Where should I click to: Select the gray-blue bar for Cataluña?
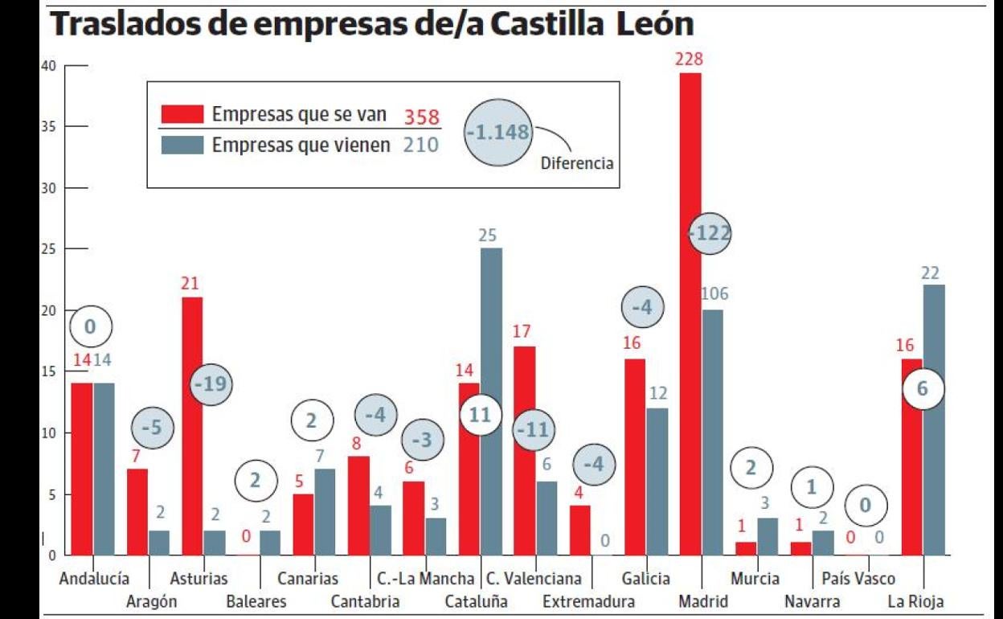pyautogui.click(x=491, y=401)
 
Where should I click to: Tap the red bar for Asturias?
pyautogui.click(x=192, y=426)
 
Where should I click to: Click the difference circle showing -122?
pyautogui.click(x=710, y=233)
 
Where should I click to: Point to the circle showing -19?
pyautogui.click(x=211, y=385)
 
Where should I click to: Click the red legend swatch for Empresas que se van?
pyautogui.click(x=182, y=114)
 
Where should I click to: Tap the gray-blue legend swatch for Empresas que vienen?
pyautogui.click(x=182, y=145)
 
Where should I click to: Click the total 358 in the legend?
pyautogui.click(x=421, y=116)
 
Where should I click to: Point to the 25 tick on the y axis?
pyautogui.click(x=50, y=249)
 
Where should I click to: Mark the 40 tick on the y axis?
pyautogui.click(x=50, y=66)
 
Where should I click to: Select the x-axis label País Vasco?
pyautogui.click(x=858, y=579)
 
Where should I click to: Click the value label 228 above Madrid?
pyautogui.click(x=690, y=59)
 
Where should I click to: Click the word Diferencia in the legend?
pyautogui.click(x=576, y=164)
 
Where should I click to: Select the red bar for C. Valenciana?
pyautogui.click(x=524, y=450)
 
